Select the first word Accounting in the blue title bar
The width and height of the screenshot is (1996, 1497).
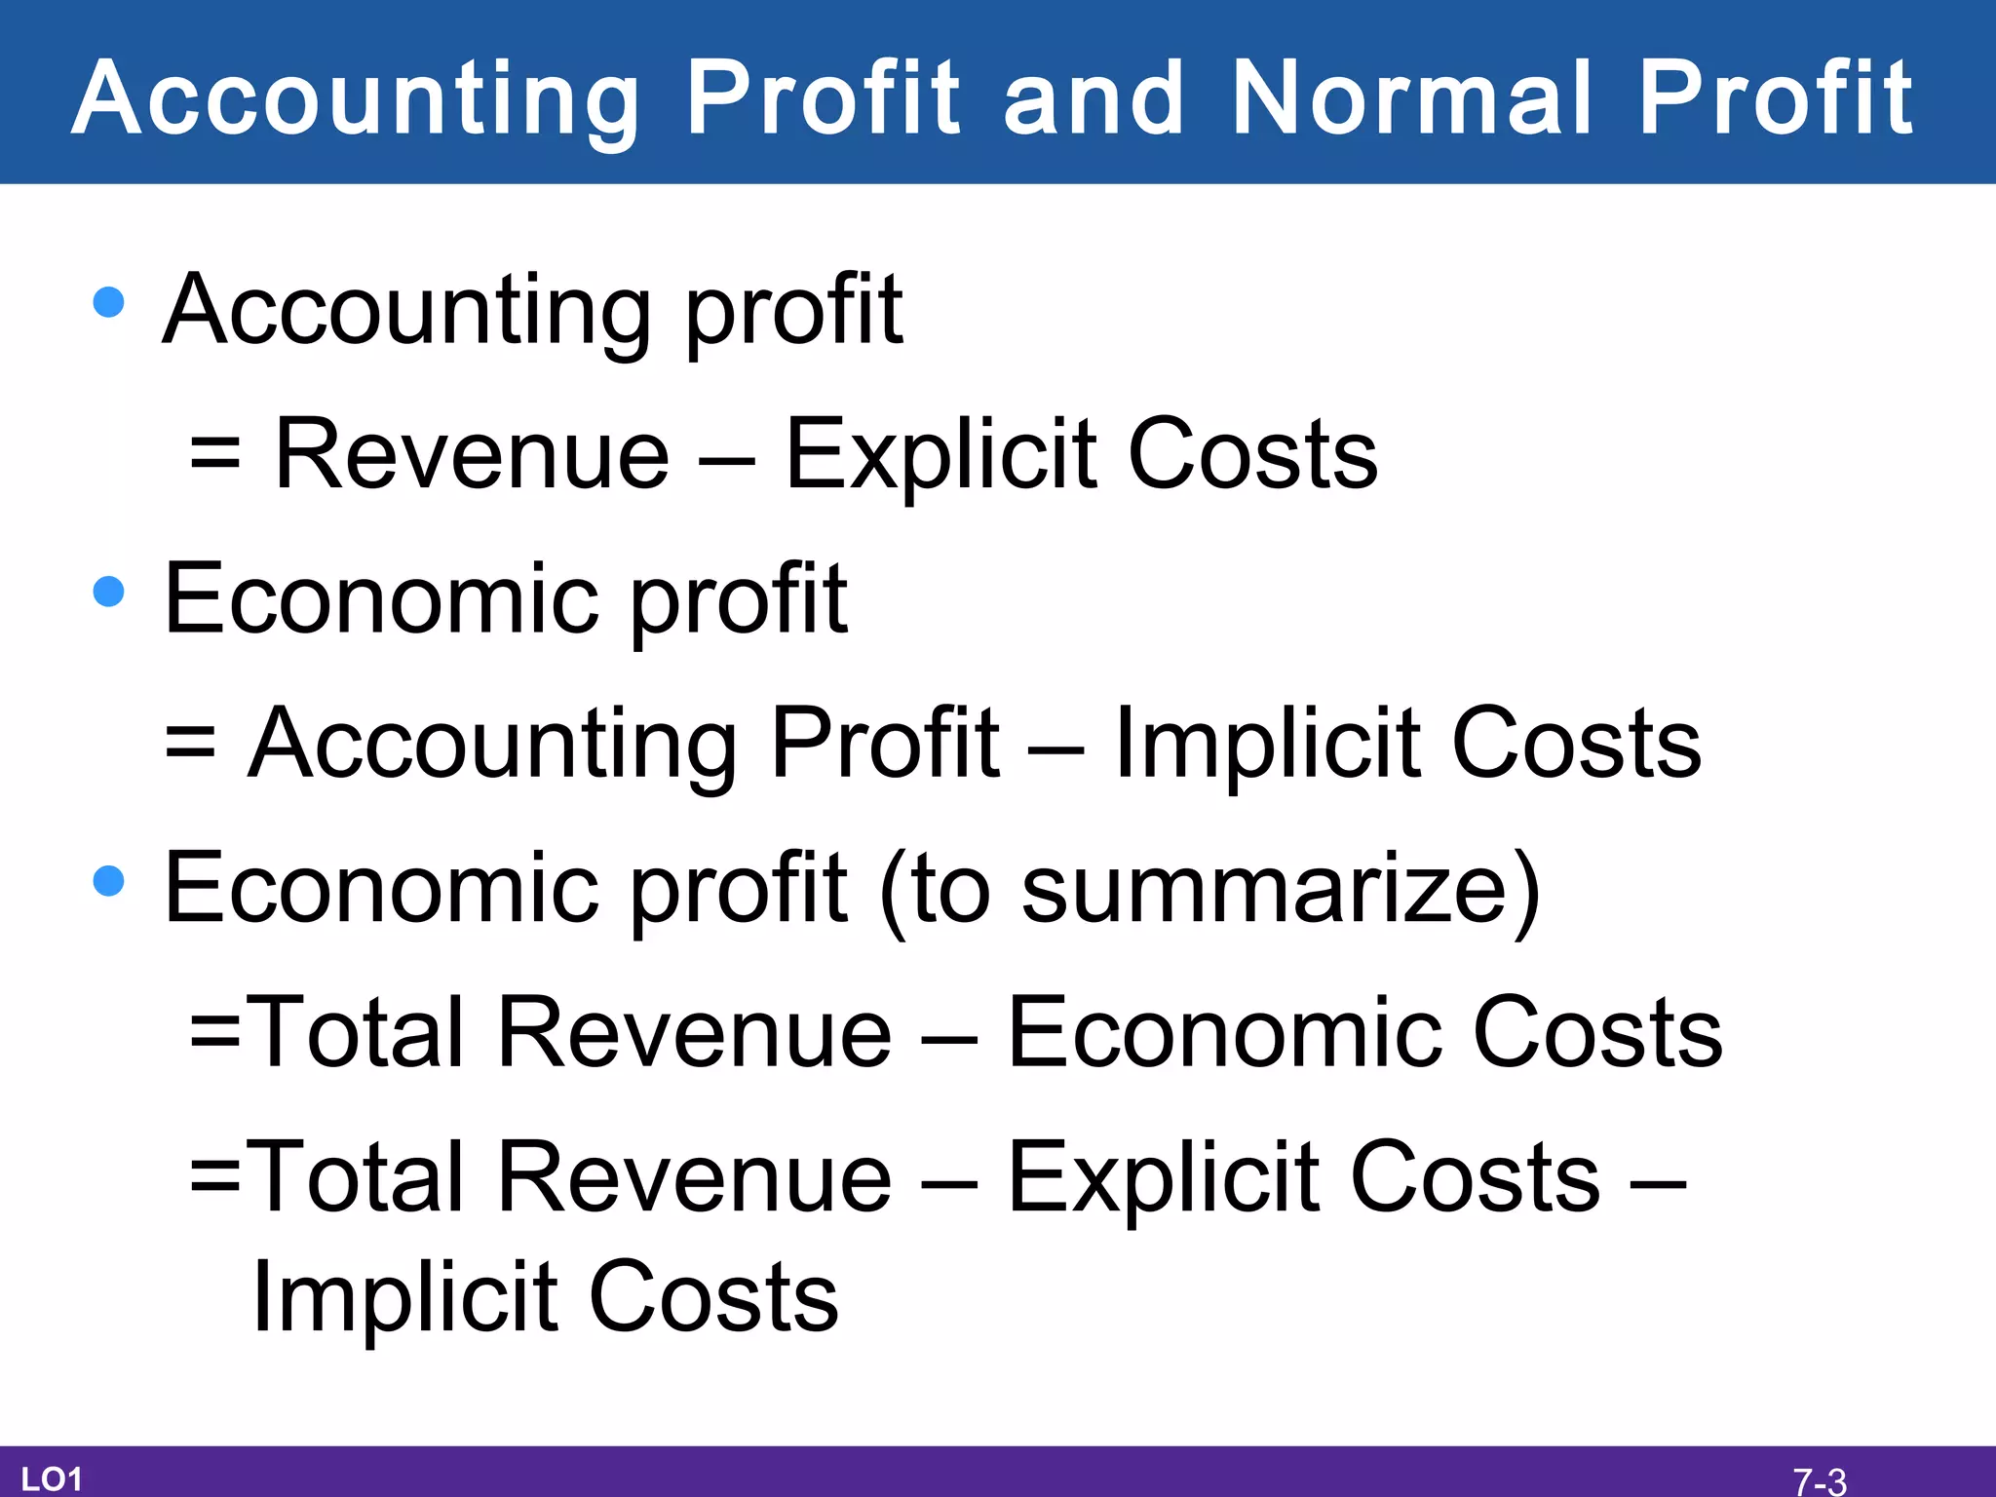357,98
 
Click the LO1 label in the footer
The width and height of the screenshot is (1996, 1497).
52,1478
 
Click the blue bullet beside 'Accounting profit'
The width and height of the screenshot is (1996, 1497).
108,301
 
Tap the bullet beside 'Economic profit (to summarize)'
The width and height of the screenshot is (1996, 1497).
108,880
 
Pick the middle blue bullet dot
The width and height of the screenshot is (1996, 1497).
108,591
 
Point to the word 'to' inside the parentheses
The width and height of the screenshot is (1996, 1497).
951,889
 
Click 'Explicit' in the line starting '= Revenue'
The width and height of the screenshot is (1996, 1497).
941,455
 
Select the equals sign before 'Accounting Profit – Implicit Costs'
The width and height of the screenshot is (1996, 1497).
190,743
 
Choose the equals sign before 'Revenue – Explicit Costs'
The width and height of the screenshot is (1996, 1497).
215,454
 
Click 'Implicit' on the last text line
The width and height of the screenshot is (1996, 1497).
404,1297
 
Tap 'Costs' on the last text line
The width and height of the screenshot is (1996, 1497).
713,1297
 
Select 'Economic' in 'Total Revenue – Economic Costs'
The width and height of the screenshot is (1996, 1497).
1224,1032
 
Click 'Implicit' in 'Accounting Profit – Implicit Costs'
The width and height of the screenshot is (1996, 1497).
1267,744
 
